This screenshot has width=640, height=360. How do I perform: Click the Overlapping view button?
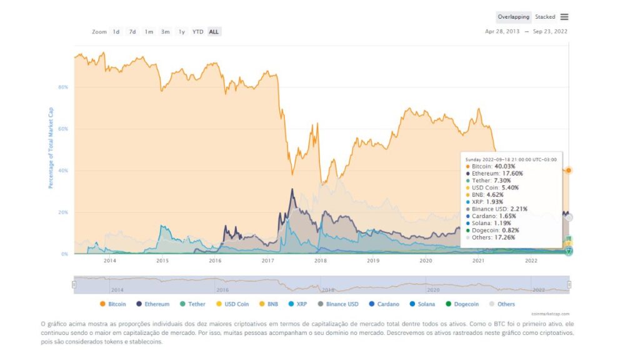click(x=513, y=17)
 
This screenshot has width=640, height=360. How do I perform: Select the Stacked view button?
click(x=545, y=17)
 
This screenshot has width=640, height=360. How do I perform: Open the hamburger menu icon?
click(x=564, y=17)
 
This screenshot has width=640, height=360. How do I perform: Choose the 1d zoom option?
click(x=116, y=32)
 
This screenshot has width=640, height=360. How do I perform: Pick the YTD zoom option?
click(x=197, y=32)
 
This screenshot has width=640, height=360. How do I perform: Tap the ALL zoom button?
click(x=214, y=32)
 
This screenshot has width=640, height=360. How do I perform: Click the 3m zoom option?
click(x=165, y=32)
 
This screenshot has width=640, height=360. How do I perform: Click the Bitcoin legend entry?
click(x=112, y=304)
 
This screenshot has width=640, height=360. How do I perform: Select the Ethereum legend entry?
click(x=153, y=304)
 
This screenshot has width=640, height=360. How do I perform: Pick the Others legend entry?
click(x=502, y=304)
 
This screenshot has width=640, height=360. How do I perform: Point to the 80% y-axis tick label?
click(x=63, y=87)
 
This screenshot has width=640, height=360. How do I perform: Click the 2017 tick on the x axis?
click(x=267, y=261)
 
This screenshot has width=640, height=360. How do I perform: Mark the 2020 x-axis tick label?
click(x=426, y=261)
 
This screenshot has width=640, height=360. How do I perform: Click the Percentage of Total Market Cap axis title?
click(x=51, y=148)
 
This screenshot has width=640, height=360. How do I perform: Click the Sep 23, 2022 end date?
click(x=551, y=32)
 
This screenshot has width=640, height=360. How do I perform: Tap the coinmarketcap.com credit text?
click(x=551, y=314)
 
